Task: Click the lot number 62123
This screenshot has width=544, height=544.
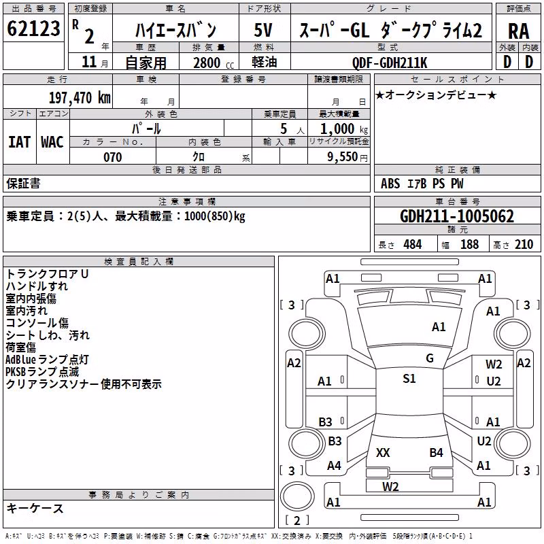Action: (33, 29)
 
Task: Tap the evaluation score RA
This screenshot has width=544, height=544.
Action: (518, 31)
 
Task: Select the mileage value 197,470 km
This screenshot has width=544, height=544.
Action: (80, 98)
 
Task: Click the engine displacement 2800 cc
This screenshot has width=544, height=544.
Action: (214, 63)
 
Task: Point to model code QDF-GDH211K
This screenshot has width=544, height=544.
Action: (390, 63)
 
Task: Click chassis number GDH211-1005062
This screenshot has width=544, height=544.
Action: (457, 216)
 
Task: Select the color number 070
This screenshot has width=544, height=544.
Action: (113, 157)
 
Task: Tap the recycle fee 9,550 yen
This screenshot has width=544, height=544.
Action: (347, 157)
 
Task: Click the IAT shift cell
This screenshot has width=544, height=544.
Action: (20, 142)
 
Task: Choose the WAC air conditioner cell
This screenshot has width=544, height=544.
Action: (52, 142)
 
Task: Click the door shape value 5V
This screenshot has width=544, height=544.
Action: (263, 30)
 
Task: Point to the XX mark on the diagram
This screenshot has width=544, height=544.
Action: (383, 452)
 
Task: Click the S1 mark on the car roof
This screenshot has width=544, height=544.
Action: (409, 378)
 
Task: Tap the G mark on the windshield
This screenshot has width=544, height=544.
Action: (430, 358)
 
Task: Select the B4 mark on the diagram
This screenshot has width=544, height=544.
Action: (436, 452)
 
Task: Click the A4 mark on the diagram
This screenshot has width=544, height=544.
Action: (334, 465)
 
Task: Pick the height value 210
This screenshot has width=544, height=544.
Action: (524, 245)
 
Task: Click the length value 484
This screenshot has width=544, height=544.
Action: (413, 245)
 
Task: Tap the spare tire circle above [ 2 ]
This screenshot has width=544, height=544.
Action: (297, 496)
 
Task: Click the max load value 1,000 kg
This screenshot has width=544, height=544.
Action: (344, 129)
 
